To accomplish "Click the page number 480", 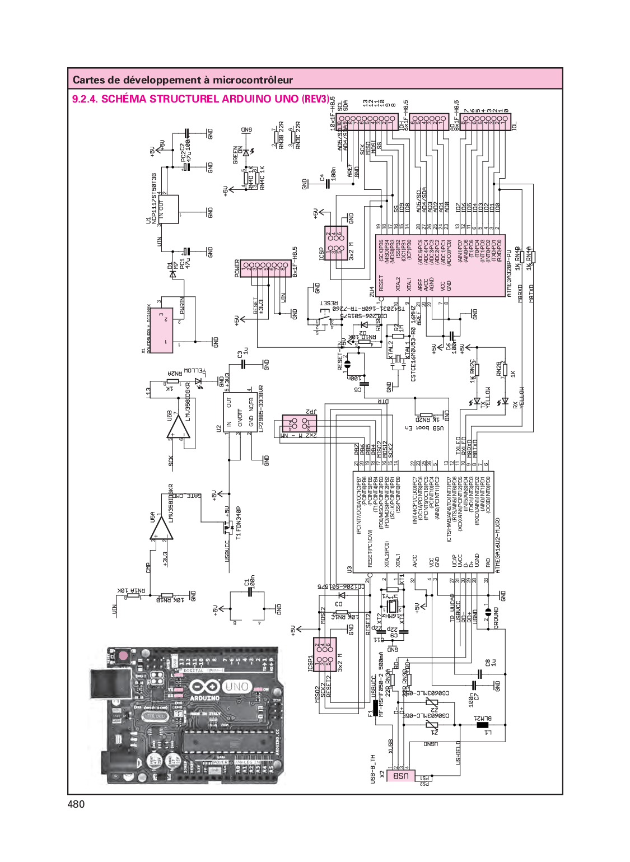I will point(76,804).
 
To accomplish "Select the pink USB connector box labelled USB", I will point(400,776).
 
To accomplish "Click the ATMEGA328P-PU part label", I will point(509,273).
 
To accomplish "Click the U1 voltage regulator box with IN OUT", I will point(169,209).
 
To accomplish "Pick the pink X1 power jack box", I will point(160,330).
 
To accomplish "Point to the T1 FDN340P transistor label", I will point(239,523).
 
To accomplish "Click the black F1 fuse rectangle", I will point(375,707).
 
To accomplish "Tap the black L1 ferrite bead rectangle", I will point(482,725).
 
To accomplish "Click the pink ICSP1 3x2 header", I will point(325,654).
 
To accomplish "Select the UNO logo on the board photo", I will point(236,687).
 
